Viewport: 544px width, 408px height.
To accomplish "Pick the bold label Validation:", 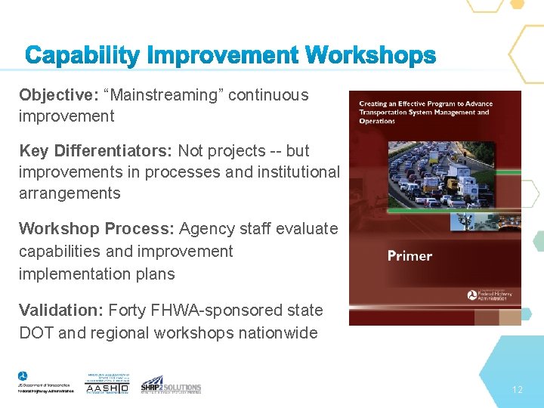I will click(x=61, y=311).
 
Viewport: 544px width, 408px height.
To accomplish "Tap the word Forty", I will click(x=128, y=311).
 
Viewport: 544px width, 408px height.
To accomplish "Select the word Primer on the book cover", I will click(x=410, y=256).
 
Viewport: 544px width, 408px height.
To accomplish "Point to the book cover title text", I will click(x=425, y=112).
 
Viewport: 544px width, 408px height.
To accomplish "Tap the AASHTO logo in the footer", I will click(x=107, y=384).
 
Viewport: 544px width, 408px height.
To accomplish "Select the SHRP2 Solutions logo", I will click(x=171, y=385).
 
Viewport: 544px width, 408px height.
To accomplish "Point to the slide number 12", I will click(x=517, y=390).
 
